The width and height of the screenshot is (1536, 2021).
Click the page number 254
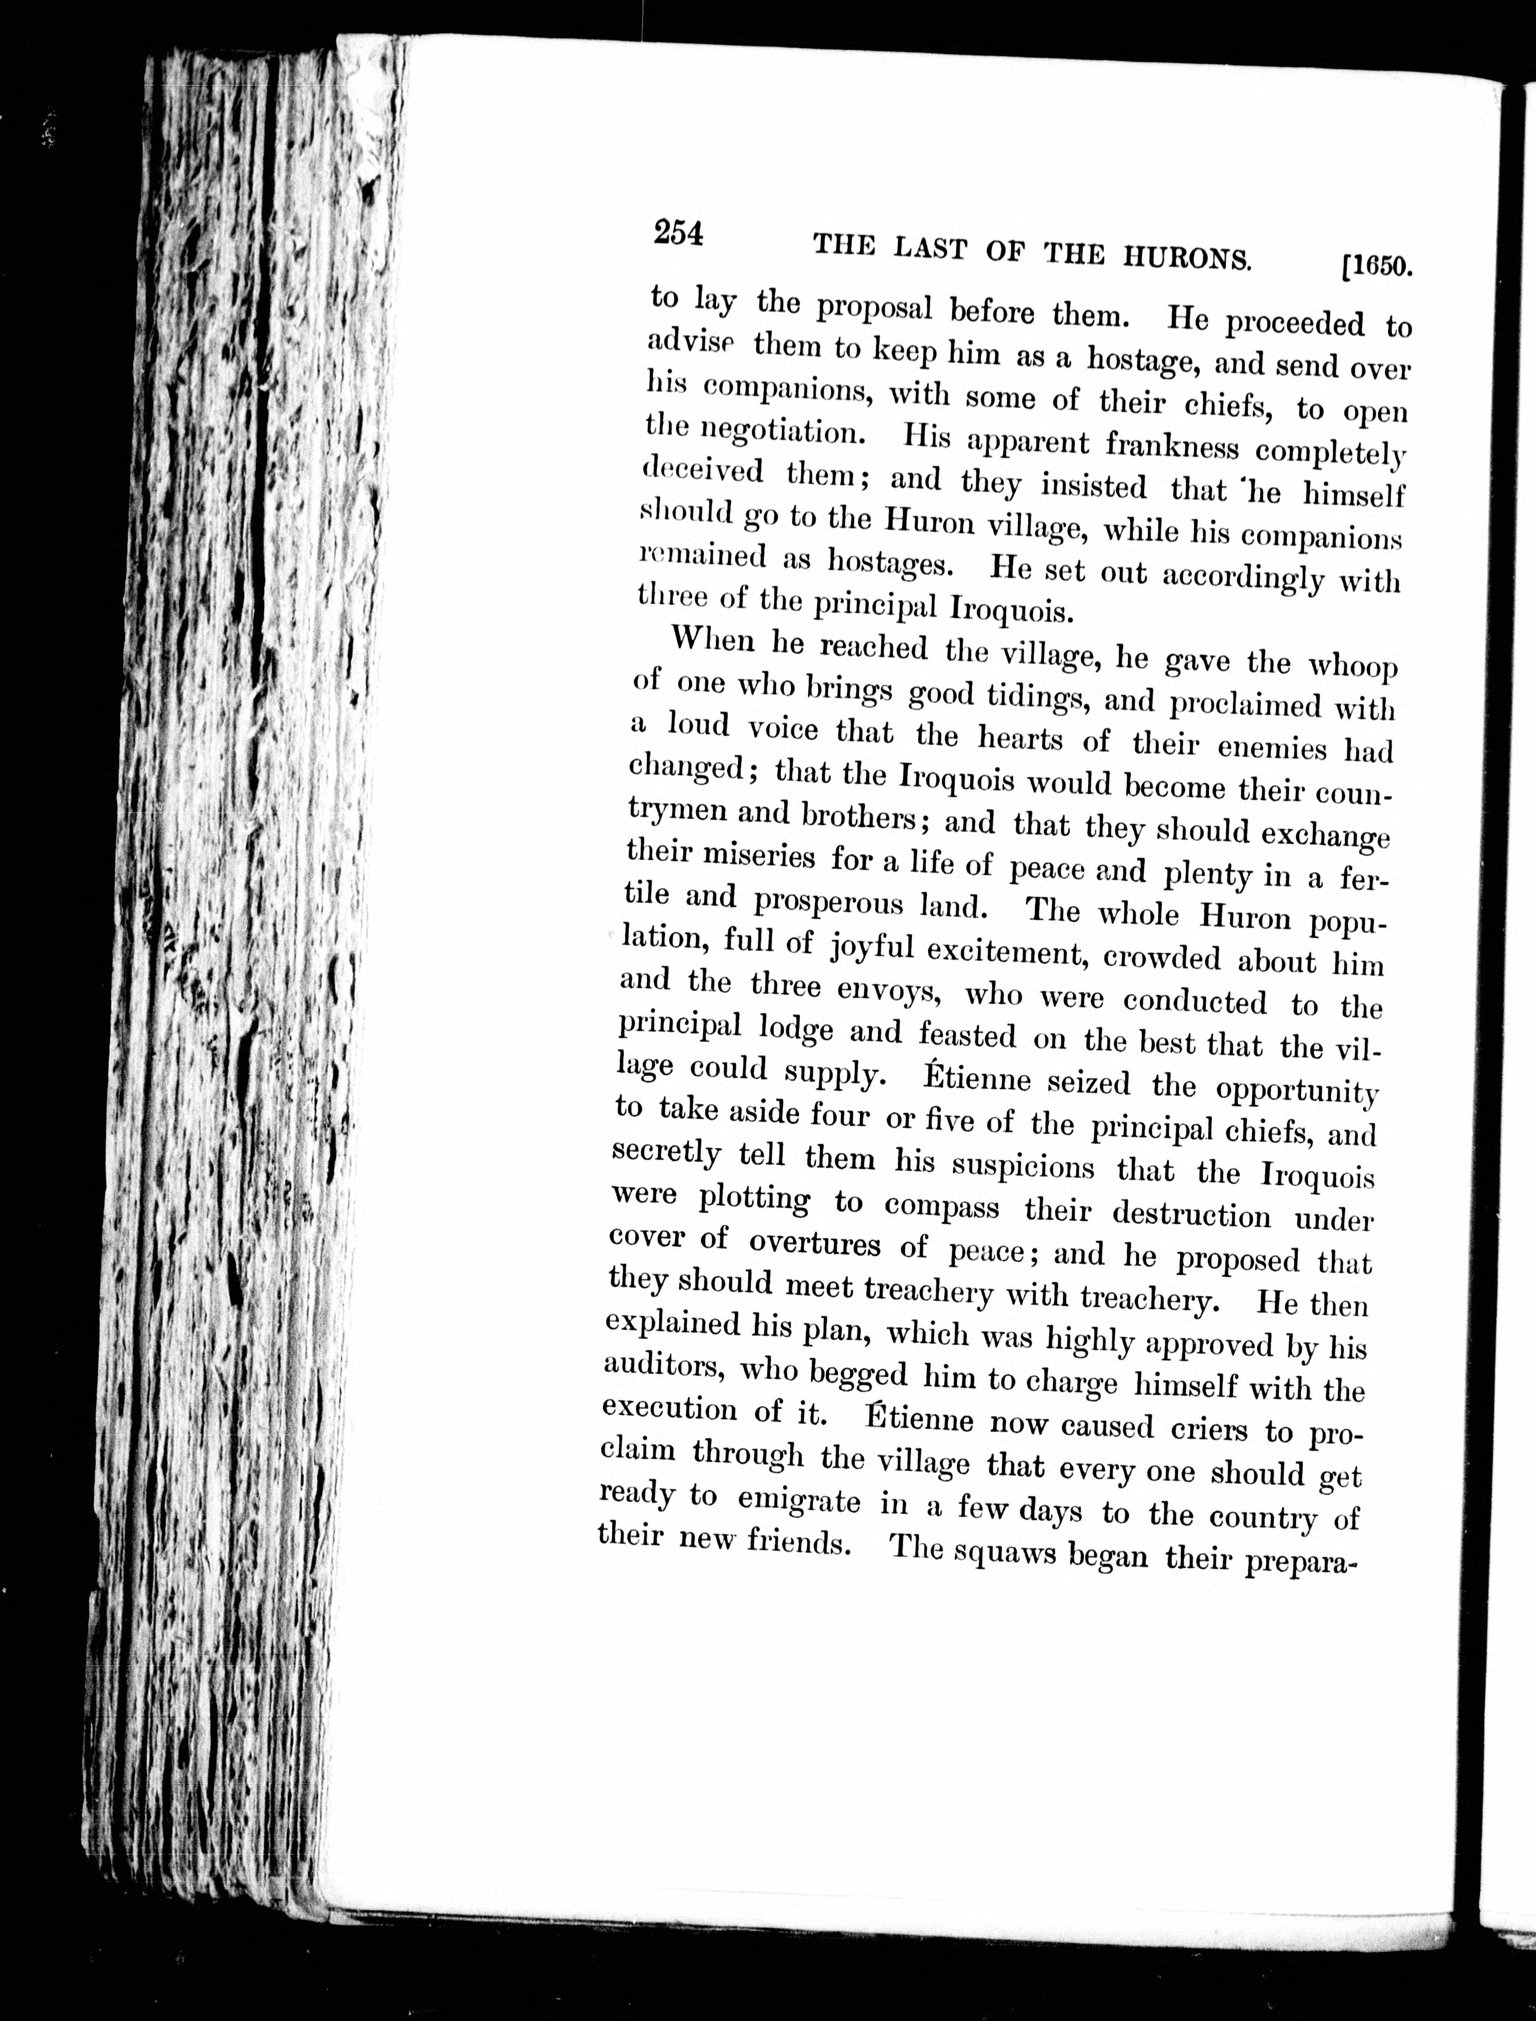(x=678, y=234)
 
